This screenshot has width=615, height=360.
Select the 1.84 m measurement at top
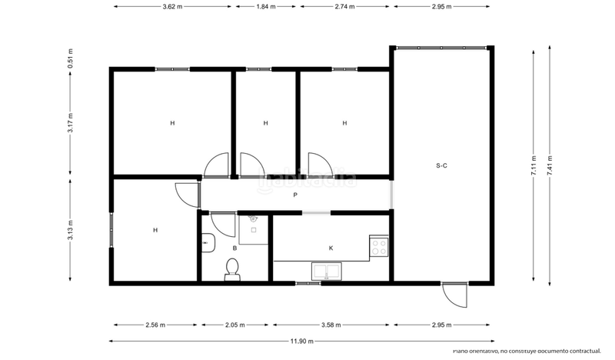[266, 6]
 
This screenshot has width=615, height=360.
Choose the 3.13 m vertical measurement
[71, 230]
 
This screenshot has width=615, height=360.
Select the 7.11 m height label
[533, 167]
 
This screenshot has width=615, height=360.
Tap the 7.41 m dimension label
[550, 167]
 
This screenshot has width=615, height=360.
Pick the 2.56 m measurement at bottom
[155, 325]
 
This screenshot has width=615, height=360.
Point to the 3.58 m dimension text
[331, 325]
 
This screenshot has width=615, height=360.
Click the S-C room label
[441, 165]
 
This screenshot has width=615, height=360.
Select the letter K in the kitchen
[331, 248]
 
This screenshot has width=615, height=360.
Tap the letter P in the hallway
[295, 195]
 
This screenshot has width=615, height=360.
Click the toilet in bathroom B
[232, 268]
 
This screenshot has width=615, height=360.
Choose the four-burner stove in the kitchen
[379, 246]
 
